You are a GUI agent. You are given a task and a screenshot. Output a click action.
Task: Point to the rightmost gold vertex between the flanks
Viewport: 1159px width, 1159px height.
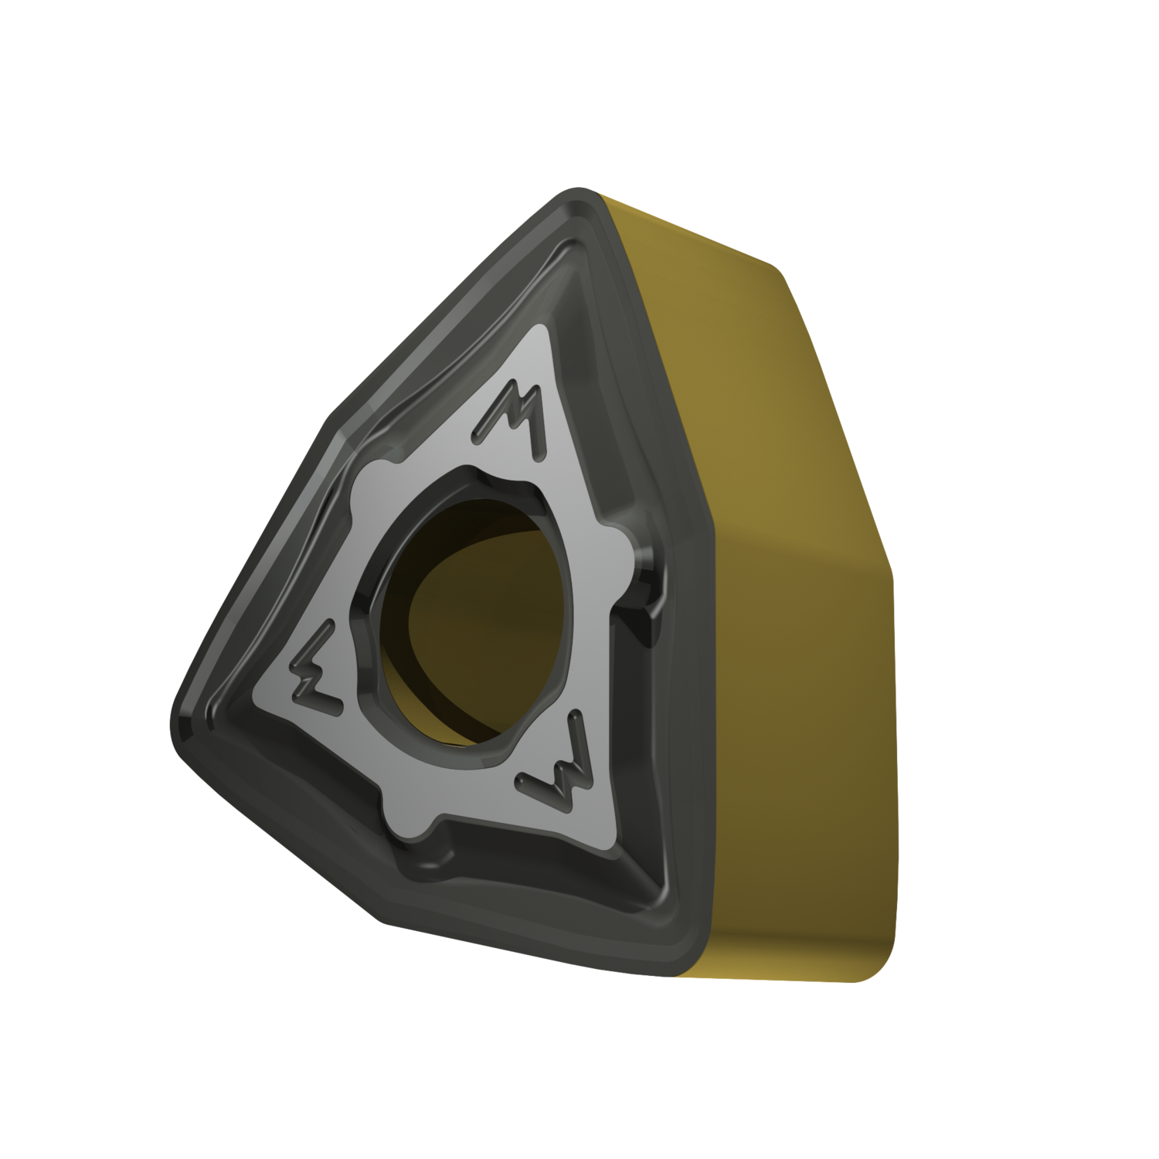892,572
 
